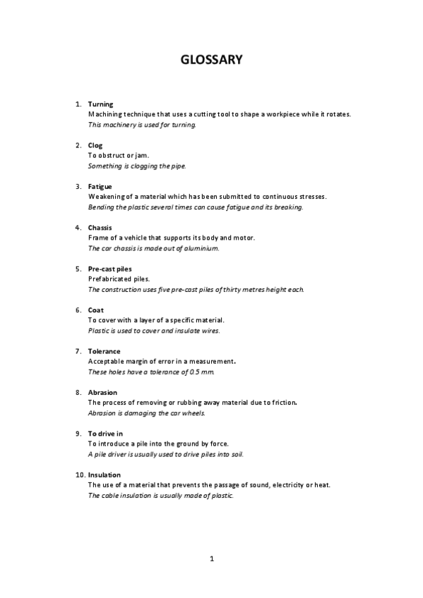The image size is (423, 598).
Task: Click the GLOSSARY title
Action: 212,60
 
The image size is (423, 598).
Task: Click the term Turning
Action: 100,104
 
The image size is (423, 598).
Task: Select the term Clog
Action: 95,145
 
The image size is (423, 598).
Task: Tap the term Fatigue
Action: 100,186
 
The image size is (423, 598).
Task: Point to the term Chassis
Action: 100,228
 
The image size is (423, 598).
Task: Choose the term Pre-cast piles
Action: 109,269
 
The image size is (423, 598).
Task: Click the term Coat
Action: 95,310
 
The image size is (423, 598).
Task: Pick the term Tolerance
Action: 104,351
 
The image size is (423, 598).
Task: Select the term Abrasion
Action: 102,392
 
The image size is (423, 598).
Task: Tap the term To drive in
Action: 105,433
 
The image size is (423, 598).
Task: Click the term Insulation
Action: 104,475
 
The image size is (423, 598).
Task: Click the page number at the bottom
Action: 211,559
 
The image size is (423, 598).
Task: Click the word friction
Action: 280,403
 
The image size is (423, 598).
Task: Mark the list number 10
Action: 79,475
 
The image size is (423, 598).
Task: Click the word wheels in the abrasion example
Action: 193,413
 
